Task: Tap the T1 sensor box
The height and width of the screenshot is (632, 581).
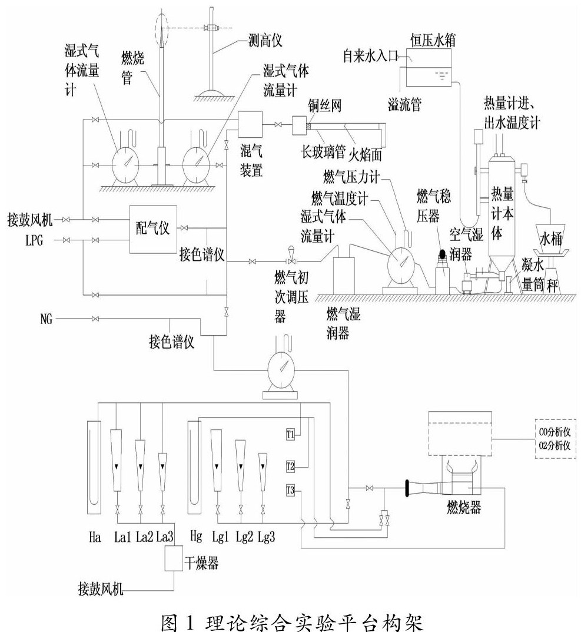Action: pos(290,435)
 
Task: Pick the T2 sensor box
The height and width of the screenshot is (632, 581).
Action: pos(290,466)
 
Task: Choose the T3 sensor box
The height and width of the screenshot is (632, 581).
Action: pos(290,489)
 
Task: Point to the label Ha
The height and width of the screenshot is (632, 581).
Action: pos(94,537)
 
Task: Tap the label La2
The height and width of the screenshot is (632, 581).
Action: pos(144,537)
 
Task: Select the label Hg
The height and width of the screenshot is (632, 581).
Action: pos(197,537)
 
